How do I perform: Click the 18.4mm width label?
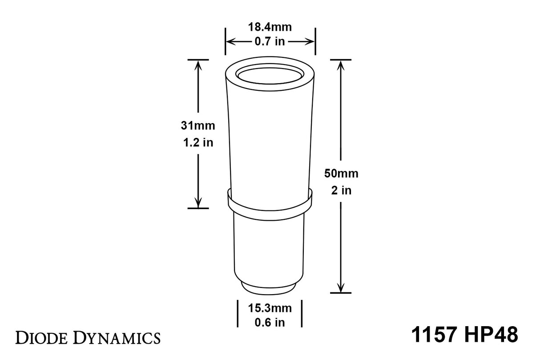(270, 27)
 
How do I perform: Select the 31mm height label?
(198, 126)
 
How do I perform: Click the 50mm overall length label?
(341, 174)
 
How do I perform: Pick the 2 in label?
(341, 190)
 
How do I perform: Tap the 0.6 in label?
(270, 323)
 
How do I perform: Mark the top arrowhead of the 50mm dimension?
(341, 65)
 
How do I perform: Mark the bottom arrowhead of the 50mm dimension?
(341, 288)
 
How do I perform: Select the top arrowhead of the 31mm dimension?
(198, 65)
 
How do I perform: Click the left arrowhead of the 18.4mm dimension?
(230, 42)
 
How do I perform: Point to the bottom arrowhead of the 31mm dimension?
(198, 203)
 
